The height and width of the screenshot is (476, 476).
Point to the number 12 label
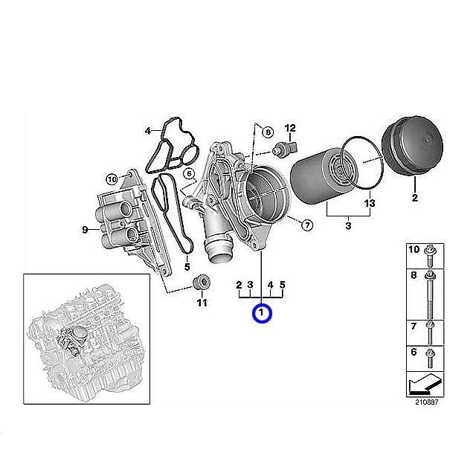click(290, 128)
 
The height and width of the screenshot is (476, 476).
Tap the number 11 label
click(201, 303)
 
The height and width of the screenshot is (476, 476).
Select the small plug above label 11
click(199, 283)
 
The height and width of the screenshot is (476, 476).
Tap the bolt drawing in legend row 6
click(430, 361)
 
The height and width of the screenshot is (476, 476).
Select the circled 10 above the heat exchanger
click(112, 178)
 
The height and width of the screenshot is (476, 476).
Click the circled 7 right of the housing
click(306, 224)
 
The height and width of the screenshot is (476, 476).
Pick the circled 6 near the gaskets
click(190, 174)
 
